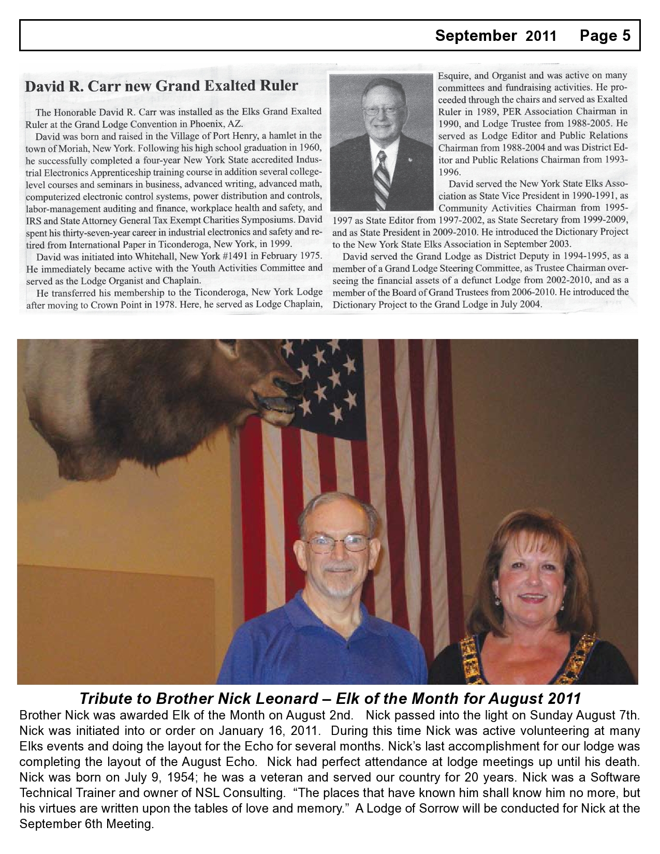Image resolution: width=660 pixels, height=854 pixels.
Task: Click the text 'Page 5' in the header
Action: (x=605, y=35)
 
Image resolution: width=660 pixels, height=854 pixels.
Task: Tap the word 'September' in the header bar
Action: (x=476, y=35)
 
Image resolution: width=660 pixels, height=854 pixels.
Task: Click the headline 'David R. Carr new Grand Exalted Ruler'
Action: (x=162, y=85)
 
